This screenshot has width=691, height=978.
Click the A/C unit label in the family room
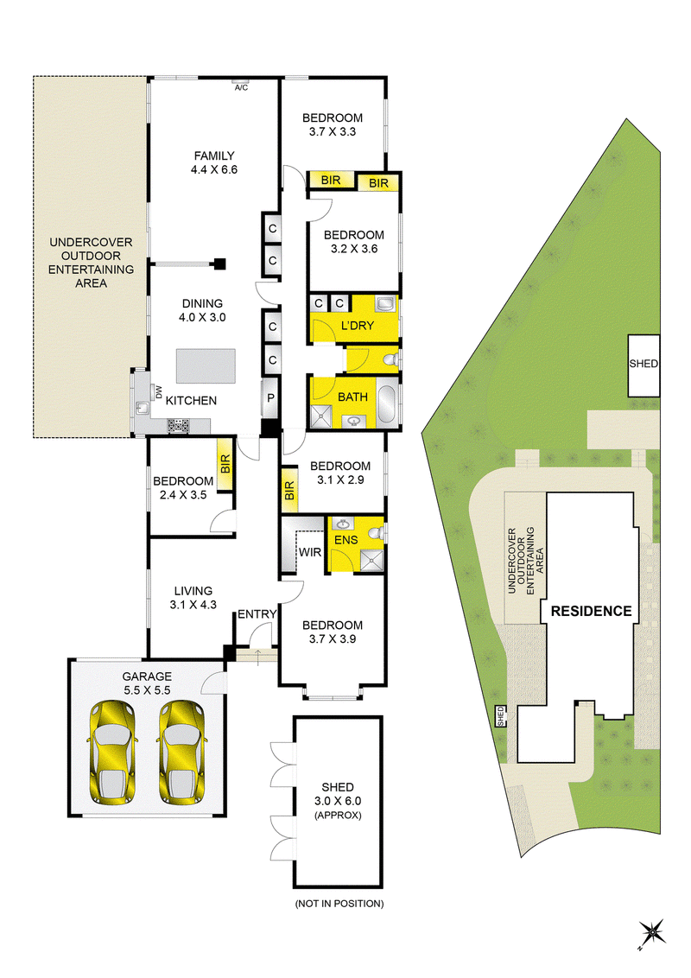tap(241, 88)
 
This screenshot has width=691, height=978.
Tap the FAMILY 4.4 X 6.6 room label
tap(214, 162)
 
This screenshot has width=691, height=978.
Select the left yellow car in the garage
tap(112, 753)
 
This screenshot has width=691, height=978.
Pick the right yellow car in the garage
tap(181, 753)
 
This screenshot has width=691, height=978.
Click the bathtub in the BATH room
tap(387, 406)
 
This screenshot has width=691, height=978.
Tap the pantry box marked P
tap(270, 397)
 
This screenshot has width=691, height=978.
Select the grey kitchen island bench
tap(206, 366)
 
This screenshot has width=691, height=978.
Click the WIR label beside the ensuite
tap(309, 552)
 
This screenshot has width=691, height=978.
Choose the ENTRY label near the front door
tap(257, 614)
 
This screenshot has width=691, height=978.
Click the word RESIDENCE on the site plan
tap(591, 612)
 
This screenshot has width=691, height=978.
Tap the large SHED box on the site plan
tap(643, 365)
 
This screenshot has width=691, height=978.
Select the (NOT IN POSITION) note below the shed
tap(339, 903)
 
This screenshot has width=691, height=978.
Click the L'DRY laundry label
tap(358, 326)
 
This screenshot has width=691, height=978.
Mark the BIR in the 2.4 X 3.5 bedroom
tap(225, 463)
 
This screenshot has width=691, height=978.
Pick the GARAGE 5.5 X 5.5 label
tap(147, 683)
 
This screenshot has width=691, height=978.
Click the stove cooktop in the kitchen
tap(179, 426)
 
